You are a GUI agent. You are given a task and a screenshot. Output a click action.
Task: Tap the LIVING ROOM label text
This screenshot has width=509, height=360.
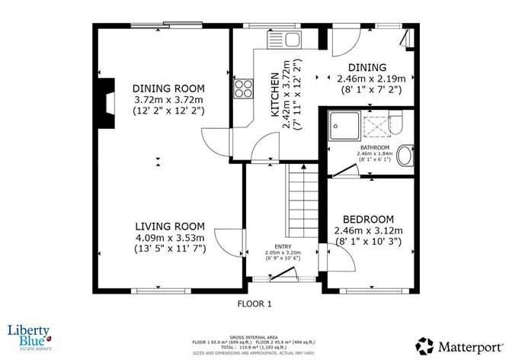[x=169, y=226]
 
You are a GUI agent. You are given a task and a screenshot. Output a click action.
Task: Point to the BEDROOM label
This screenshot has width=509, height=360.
[x=368, y=218]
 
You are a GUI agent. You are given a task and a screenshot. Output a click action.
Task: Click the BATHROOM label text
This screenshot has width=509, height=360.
[x=375, y=147]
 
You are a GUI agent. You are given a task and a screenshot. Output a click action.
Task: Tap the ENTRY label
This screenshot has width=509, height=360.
[x=282, y=246]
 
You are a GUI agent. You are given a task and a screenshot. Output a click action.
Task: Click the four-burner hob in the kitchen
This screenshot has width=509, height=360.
[x=245, y=88]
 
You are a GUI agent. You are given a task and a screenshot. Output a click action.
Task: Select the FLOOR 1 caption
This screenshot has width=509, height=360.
[x=254, y=303]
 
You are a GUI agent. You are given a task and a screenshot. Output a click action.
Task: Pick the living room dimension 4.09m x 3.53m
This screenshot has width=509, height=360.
[x=169, y=238]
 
